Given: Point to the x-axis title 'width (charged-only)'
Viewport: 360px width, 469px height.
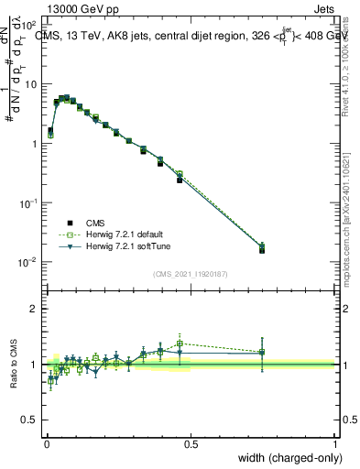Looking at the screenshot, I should click(286, 456).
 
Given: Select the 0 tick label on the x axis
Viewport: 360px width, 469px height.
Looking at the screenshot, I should click(46, 442).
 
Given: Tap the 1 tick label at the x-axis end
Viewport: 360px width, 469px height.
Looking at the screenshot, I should click(335, 442).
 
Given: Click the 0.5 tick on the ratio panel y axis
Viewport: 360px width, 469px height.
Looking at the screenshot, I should click(30, 420).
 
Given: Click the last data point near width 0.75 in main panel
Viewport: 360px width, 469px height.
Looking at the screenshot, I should click(262, 247).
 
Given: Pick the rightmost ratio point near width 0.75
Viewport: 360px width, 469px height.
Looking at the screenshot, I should click(262, 352).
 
